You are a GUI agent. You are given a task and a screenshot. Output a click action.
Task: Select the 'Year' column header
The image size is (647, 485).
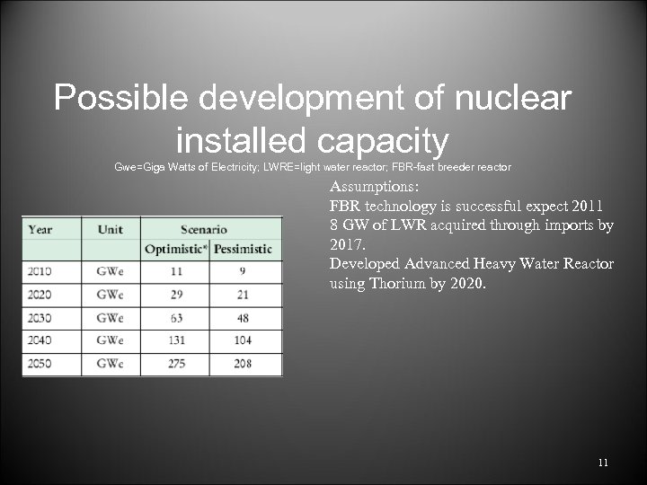40,229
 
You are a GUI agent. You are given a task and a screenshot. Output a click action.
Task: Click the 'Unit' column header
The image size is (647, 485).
111,229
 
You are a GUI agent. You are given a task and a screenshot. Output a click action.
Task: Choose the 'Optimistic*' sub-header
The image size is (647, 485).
175,249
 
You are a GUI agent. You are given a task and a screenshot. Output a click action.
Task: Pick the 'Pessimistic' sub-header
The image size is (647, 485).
242,249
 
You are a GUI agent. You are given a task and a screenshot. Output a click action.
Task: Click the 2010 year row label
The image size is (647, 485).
40,271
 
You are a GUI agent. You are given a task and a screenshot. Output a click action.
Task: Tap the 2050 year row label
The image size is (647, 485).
40,364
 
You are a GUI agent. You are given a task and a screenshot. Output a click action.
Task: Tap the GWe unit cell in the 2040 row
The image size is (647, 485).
110,340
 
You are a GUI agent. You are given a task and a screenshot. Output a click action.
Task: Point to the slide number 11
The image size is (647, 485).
602,463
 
